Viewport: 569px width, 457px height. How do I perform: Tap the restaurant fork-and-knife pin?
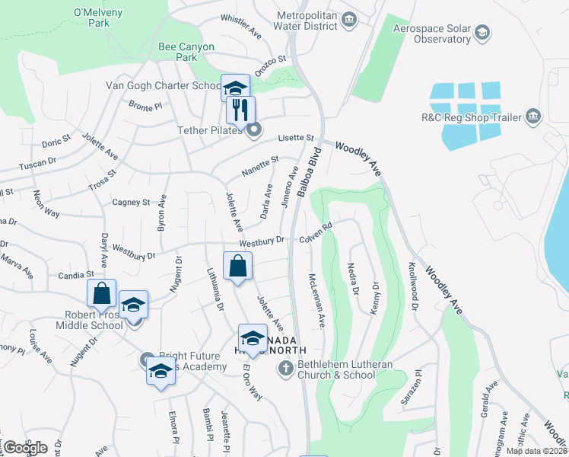click(240, 110)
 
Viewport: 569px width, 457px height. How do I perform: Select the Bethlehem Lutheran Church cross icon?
click(285, 369)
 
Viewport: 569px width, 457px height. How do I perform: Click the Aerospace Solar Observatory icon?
click(482, 33)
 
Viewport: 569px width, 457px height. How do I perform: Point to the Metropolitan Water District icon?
click(349, 18)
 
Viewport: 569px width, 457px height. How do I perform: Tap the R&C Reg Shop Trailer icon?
click(532, 117)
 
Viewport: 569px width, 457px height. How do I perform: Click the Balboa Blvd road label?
click(311, 173)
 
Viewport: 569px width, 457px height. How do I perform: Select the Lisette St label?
click(297, 138)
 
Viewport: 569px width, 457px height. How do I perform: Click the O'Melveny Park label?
click(92, 18)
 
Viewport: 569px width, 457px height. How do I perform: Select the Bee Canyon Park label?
click(176, 52)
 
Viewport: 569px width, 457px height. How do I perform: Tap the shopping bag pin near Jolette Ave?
click(237, 267)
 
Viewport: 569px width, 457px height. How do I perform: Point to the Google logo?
click(24, 447)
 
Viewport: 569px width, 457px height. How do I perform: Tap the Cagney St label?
click(131, 203)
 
